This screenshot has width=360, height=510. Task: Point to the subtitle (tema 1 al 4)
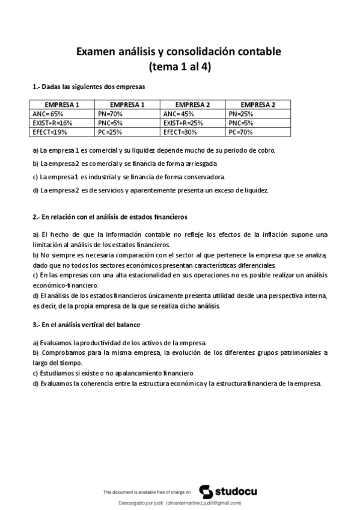click(180, 66)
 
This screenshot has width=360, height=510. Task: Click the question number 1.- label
click(36, 87)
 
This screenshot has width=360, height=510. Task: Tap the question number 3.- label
click(36, 325)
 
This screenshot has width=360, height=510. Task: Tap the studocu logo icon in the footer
click(204, 491)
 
